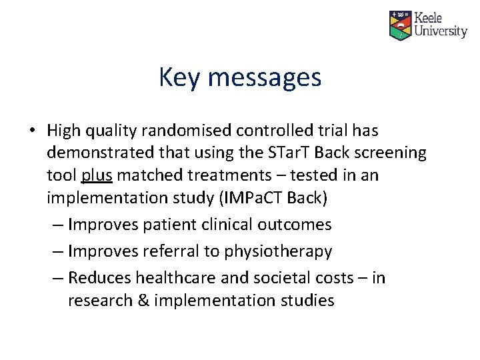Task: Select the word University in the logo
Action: (441, 31)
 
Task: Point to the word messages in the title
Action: (265, 78)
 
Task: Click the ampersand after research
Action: (142, 301)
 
